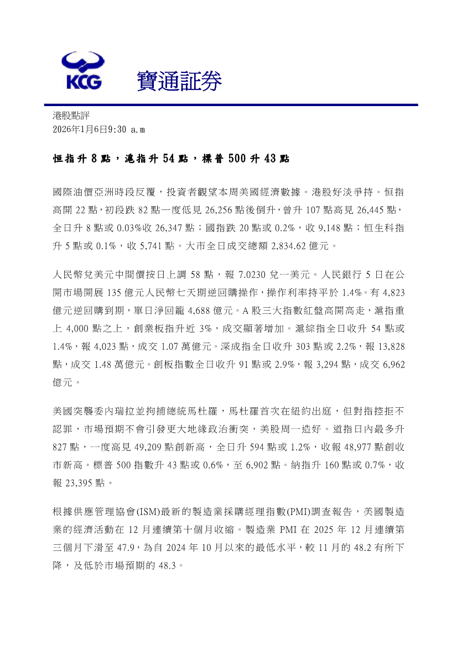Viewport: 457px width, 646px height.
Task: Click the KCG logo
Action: (x=84, y=71)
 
